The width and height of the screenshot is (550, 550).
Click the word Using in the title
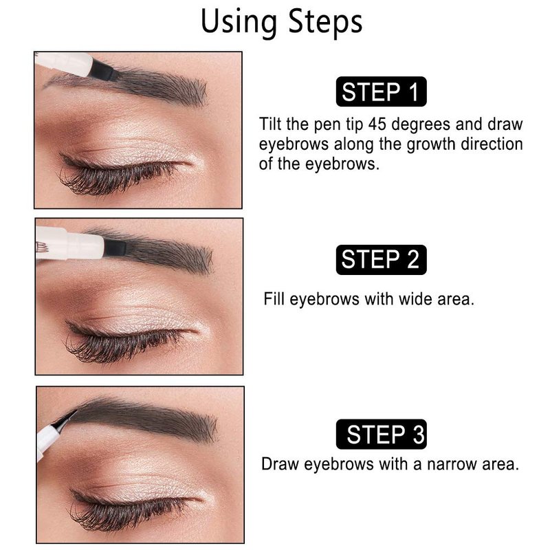point(239,22)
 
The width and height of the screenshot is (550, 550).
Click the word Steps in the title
point(325,22)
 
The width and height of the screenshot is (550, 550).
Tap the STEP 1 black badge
point(382,91)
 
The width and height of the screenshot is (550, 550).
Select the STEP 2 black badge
point(382,260)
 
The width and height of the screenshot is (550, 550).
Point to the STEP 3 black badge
point(382,434)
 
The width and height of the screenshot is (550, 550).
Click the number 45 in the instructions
point(377,124)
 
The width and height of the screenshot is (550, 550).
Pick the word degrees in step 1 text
point(421,125)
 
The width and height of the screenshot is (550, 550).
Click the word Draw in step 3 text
point(280,464)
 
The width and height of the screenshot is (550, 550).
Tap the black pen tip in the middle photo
point(115,247)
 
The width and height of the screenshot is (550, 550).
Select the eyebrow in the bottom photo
point(147,419)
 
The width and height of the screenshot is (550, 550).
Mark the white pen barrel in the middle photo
point(70,243)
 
